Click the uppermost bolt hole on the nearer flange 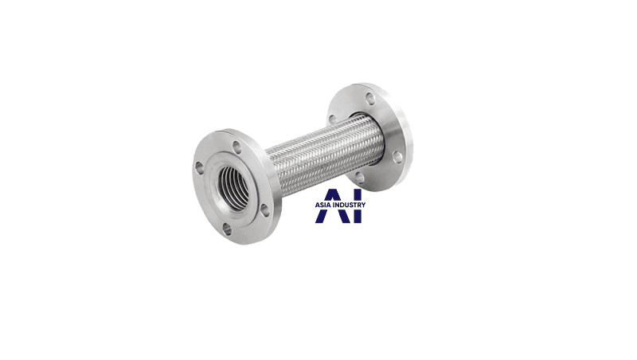tap(236, 147)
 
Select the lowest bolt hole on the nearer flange tap(227, 229)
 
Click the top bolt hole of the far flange tap(369, 100)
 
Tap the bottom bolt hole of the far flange tap(360, 177)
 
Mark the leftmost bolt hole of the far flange tap(332, 119)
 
